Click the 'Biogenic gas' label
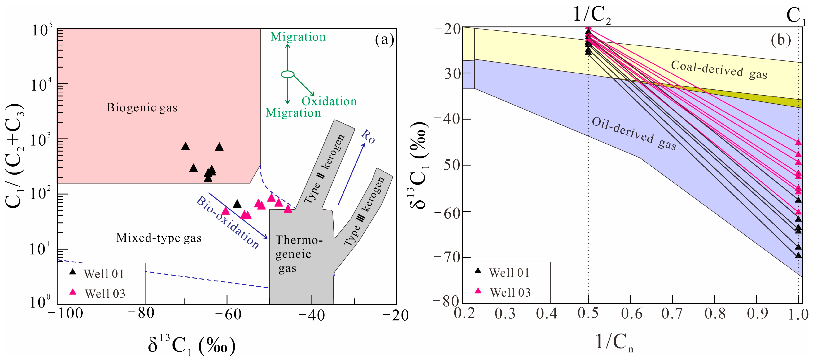[x=142, y=108]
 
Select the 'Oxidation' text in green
[x=329, y=101]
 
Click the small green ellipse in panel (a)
[x=287, y=74]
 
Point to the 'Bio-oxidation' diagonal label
[x=227, y=222]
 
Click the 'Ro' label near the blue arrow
[x=368, y=137]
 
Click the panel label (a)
[x=384, y=40]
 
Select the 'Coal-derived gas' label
[x=719, y=70]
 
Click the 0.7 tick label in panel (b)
[x=672, y=314]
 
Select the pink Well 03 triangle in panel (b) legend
[x=478, y=290]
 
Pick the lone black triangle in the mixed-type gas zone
[x=237, y=204]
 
